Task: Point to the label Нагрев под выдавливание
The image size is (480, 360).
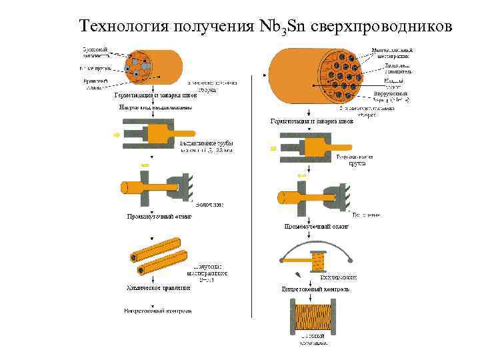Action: tap(155, 107)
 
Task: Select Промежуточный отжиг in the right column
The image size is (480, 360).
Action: tap(316, 227)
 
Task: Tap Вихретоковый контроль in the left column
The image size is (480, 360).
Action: tap(159, 311)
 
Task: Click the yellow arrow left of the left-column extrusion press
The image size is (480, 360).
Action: tap(117, 135)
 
